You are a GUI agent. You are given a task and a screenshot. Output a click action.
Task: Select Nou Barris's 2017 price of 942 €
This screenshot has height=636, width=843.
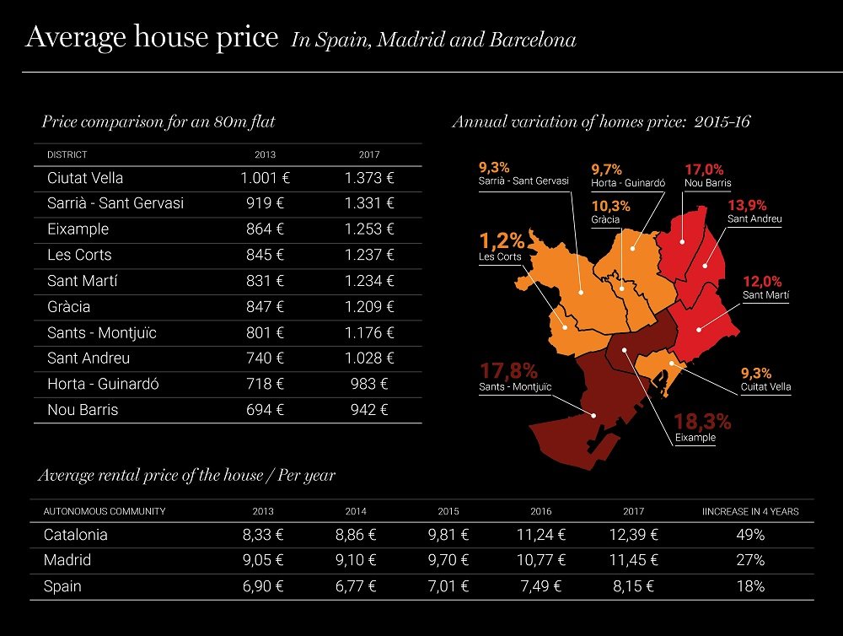click(369, 410)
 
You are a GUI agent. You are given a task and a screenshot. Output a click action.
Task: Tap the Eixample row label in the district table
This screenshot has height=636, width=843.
click(78, 229)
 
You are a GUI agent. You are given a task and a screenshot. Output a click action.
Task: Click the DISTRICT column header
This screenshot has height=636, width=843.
click(67, 155)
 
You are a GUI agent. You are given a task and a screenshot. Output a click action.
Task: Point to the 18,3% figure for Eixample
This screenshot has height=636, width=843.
click(701, 421)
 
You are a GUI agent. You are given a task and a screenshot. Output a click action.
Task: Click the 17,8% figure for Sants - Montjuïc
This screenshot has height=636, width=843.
click(508, 370)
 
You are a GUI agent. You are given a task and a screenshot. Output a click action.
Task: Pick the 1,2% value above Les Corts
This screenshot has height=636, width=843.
click(502, 240)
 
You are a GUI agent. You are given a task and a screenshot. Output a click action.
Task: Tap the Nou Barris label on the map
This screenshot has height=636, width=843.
click(707, 183)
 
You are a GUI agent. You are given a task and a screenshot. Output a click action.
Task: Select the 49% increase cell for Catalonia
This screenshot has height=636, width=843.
click(749, 535)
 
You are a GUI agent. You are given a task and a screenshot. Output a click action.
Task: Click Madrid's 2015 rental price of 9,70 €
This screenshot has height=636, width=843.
click(448, 560)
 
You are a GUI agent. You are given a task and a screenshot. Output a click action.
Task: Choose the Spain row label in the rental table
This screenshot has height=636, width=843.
click(62, 586)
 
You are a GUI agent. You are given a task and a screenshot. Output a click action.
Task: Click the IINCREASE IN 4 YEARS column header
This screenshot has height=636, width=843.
click(750, 511)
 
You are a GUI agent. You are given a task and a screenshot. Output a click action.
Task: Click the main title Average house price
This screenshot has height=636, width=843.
click(152, 38)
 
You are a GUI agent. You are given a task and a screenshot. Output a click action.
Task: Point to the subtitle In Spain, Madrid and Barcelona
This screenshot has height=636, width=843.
click(433, 40)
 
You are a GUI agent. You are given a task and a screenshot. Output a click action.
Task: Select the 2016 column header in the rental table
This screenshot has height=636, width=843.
click(540, 511)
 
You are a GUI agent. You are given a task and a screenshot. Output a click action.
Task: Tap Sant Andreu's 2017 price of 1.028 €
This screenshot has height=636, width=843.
click(369, 358)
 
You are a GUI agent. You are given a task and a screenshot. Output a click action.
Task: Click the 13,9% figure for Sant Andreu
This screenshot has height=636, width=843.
click(746, 205)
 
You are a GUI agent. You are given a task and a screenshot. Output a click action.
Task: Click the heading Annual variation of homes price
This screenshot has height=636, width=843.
click(601, 121)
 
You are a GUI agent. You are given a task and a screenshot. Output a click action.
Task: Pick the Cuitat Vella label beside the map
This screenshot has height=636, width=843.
click(765, 387)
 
